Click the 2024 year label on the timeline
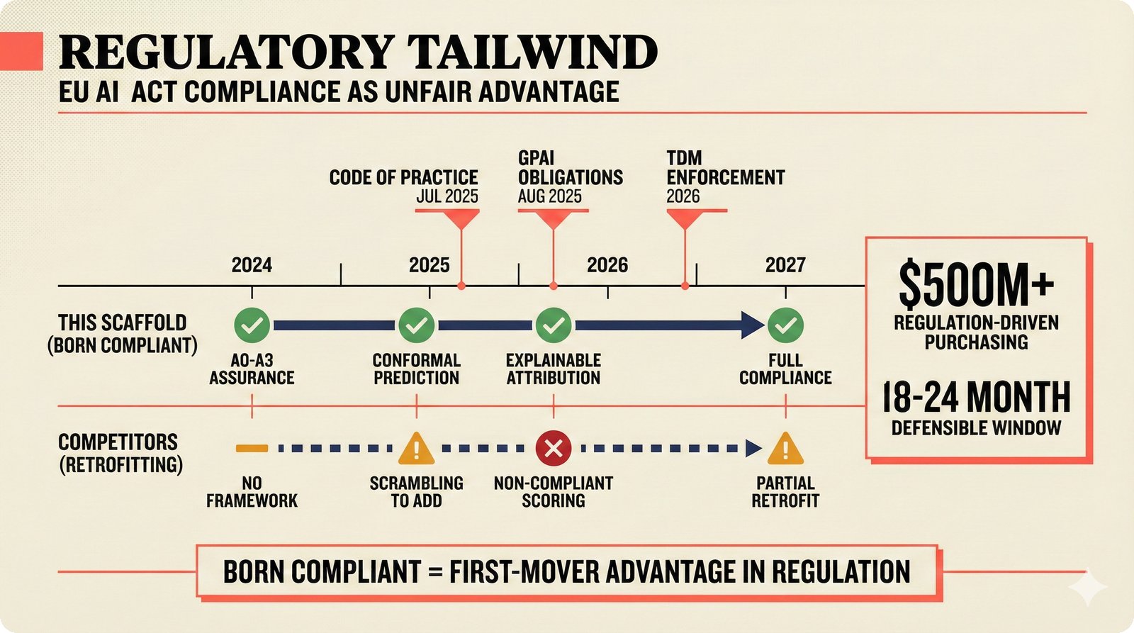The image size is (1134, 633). pos(252,265)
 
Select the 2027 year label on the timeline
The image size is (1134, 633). pos(785,265)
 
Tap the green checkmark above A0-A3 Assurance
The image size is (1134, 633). pos(252,325)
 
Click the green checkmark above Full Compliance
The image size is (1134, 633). pos(785,325)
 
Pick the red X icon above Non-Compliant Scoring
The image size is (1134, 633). pos(554,448)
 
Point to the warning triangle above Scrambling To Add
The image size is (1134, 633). pos(417,449)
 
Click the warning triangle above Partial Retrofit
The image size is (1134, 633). pos(785,449)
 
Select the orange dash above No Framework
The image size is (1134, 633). pos(252,448)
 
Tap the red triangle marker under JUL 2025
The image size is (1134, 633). pos(461,219)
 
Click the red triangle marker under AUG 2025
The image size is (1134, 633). pos(554,219)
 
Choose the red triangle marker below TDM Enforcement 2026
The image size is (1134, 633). pos(685,219)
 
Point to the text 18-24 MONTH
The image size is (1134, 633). pos(976,397)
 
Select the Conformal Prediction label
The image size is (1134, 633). pos(417,369)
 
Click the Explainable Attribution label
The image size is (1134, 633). pos(554,369)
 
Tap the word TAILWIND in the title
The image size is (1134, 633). pos(532,52)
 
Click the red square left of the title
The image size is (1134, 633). pos(21,51)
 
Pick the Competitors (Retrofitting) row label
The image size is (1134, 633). pos(120,453)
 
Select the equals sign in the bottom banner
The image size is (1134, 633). pos(435,572)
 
